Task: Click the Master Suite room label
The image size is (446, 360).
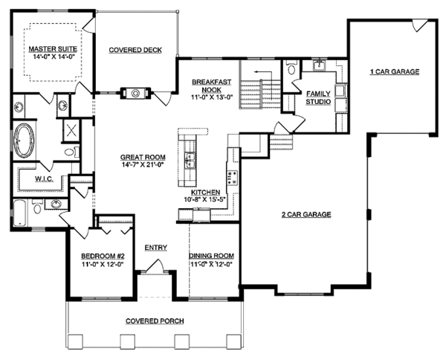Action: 53,49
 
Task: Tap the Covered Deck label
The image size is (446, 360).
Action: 135,50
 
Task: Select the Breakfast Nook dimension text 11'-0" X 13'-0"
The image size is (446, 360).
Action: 212,97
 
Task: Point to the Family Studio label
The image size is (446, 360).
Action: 318,97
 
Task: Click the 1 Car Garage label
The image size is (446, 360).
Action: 395,71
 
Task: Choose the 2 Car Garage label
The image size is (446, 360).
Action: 306,214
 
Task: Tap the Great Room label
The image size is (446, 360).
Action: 143,157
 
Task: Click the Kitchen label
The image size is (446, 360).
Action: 205,193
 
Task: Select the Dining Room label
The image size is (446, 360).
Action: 212,256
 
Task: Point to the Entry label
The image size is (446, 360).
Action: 156,248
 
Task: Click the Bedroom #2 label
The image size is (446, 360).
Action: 103,256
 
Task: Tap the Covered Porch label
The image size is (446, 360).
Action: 155,321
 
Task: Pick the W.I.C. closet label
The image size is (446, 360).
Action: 45,179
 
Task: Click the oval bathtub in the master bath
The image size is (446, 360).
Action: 24,140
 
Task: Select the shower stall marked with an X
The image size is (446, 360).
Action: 71,130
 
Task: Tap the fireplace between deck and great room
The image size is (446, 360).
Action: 135,93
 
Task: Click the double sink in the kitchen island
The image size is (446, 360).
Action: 189,161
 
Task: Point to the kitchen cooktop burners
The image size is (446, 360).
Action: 232,177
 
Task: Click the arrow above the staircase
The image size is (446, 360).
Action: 263,71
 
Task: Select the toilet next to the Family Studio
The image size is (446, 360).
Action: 292,68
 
